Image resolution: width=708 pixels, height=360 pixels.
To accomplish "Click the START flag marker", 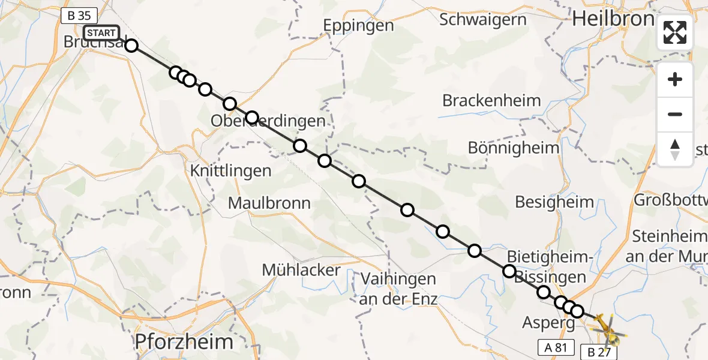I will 101,33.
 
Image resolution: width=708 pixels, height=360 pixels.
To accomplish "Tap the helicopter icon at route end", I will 607,328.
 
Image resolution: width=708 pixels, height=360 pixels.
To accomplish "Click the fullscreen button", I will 675,32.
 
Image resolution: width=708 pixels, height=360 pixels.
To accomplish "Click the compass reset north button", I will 675,149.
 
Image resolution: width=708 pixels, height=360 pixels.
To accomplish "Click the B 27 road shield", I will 599,352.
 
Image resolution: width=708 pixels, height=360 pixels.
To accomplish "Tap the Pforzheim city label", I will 184,342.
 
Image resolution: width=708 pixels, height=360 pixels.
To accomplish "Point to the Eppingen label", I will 358,25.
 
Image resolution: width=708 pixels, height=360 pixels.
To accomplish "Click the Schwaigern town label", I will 483,19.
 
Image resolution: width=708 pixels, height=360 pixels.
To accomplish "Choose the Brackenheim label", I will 491,100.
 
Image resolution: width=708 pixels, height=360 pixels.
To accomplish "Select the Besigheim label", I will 554,202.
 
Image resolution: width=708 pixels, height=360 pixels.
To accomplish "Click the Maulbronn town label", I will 269,203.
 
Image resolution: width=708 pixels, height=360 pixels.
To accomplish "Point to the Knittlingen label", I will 231,171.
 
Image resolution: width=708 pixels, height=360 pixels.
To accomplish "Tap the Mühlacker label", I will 301,270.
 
